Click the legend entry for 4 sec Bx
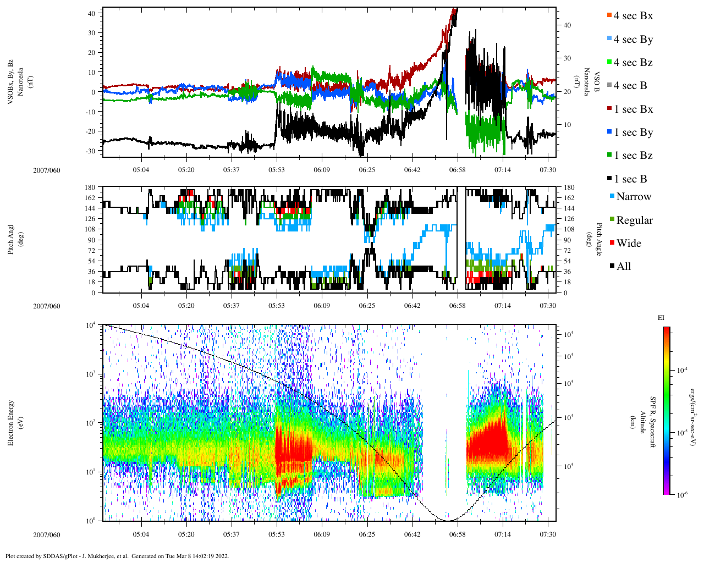tap(632, 16)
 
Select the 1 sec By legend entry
tap(632, 133)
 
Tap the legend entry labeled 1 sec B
tap(630, 179)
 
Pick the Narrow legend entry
tap(633, 197)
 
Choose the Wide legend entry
tap(628, 244)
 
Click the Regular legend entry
tap(634, 220)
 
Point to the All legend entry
tap(623, 267)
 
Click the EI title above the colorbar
tap(661, 318)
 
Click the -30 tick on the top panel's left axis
tap(91, 151)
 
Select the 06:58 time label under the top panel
tap(457, 170)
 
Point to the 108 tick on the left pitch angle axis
tap(90, 229)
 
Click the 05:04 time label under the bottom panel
tap(141, 534)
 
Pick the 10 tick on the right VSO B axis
tap(567, 125)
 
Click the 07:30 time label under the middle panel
tap(548, 306)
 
